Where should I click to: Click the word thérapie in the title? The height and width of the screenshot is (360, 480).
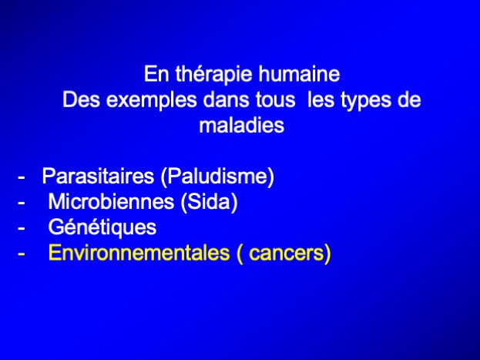click(214, 75)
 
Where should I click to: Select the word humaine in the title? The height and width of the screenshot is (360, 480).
click(299, 74)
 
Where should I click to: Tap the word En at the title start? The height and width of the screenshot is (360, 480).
click(156, 74)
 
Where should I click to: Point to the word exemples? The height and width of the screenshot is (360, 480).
click(151, 101)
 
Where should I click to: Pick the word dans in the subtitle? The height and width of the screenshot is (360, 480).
click(226, 99)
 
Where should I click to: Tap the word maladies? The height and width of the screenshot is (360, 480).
click(241, 125)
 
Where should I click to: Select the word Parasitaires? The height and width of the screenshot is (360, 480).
click(98, 177)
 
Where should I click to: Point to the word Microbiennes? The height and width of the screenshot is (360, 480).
click(111, 202)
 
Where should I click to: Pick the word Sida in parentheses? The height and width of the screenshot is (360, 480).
click(209, 202)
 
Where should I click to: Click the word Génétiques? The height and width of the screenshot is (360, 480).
click(102, 227)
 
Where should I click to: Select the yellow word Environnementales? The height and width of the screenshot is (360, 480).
click(139, 253)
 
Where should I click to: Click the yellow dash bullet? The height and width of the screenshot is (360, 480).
click(22, 254)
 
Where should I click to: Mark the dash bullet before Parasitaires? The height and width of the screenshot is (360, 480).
click(22, 177)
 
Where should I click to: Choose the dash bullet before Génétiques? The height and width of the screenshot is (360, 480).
click(22, 228)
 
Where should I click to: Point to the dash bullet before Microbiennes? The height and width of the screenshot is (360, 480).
click(22, 203)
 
